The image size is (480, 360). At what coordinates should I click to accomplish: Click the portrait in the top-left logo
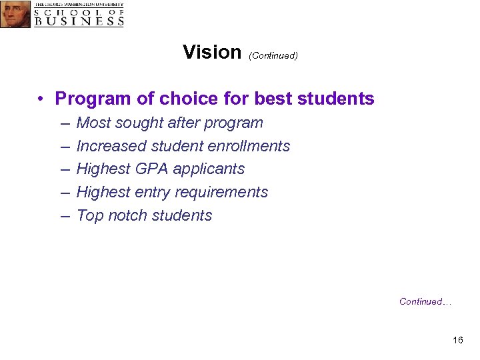15,14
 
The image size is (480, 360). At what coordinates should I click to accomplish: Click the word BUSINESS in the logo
79,21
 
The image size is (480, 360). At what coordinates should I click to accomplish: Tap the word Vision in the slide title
211,52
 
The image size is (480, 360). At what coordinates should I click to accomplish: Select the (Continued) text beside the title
273,55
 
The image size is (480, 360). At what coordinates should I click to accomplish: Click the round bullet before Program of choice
41,99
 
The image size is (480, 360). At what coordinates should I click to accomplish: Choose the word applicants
211,169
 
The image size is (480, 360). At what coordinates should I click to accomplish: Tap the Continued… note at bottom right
425,302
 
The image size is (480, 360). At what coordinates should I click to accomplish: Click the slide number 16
457,341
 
